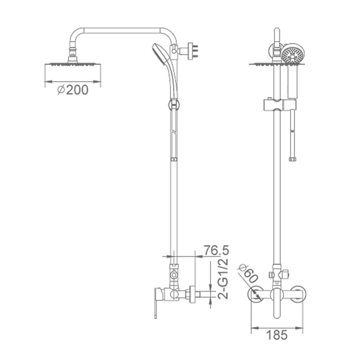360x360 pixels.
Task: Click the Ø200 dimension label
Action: [x=72, y=90]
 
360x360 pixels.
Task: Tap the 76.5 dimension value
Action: [x=216, y=250]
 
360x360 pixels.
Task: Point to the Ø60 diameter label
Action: [x=248, y=274]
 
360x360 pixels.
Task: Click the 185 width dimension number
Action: [x=277, y=335]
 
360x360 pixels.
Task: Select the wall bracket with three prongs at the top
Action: [x=193, y=51]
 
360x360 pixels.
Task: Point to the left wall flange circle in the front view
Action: [x=256, y=294]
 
